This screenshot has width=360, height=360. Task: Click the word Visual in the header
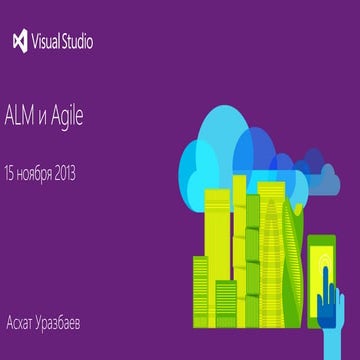click(47, 42)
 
